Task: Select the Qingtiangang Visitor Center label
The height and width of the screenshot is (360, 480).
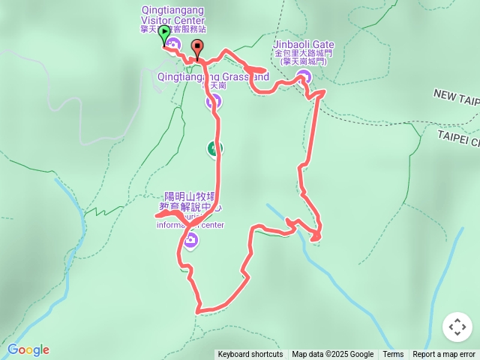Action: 172,16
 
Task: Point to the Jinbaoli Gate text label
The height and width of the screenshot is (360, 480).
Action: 304,45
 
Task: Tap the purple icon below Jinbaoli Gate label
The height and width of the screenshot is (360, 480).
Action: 304,75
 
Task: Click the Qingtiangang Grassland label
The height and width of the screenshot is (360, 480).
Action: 214,76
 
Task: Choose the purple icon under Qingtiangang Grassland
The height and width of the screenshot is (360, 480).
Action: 213,100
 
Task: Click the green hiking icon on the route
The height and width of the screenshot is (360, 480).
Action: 215,148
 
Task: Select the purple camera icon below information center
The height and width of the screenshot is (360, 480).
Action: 190,240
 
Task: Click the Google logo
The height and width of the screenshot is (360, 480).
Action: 28,349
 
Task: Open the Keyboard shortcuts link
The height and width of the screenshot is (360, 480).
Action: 250,355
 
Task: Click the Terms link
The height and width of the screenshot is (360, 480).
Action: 393,355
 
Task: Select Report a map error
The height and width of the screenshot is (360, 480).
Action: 444,355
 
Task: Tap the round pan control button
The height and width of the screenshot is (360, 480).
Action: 457,327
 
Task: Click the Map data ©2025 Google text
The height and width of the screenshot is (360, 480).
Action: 332,355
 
